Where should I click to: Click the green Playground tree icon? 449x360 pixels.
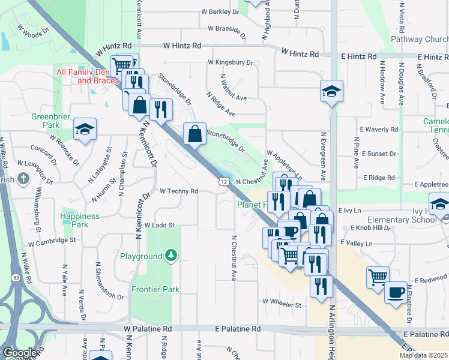172,256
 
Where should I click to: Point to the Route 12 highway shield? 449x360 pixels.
224,181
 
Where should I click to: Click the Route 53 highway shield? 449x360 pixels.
16,277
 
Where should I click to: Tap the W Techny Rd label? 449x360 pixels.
179,191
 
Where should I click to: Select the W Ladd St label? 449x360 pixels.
159,226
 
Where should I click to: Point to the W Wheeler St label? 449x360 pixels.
281,305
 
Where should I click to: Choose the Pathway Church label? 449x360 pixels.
420,40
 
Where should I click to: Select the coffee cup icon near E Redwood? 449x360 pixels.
396,292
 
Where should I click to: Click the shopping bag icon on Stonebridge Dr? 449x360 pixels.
195,134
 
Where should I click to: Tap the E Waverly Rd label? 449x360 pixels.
378,130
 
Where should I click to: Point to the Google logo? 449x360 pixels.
20,353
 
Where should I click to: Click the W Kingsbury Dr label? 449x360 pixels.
231,62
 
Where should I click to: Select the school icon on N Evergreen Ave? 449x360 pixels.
331,91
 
